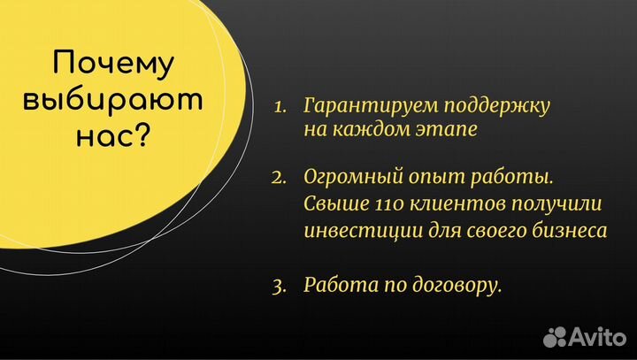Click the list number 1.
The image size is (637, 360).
(x=280, y=106)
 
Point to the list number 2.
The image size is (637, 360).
(x=280, y=180)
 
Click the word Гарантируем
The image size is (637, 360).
(x=360, y=106)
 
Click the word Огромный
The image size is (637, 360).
(x=346, y=180)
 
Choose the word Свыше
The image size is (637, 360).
(x=332, y=204)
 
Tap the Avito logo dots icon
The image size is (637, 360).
(x=556, y=336)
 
